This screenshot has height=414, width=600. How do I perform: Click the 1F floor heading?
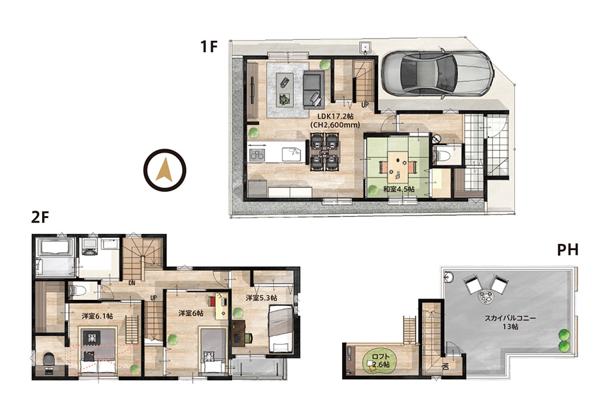tap(209, 47)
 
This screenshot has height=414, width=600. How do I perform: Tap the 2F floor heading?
tap(41, 217)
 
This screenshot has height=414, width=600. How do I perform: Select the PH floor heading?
tap(567, 250)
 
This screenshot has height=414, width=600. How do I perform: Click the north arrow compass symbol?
tap(165, 170)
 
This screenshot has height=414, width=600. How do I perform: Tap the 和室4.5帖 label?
tap(399, 189)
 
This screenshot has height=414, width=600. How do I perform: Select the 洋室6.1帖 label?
tap(97, 316)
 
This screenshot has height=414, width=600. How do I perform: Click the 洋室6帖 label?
tap(191, 313)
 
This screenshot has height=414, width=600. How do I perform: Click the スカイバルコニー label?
tap(510, 318)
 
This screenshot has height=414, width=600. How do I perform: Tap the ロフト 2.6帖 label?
tap(381, 361)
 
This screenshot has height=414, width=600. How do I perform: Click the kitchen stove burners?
tap(257, 155)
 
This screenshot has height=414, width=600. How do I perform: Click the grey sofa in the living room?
tap(313, 89)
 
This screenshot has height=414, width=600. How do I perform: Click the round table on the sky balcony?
tap(486, 297)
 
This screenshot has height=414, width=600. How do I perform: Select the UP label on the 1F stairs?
tap(365, 105)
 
